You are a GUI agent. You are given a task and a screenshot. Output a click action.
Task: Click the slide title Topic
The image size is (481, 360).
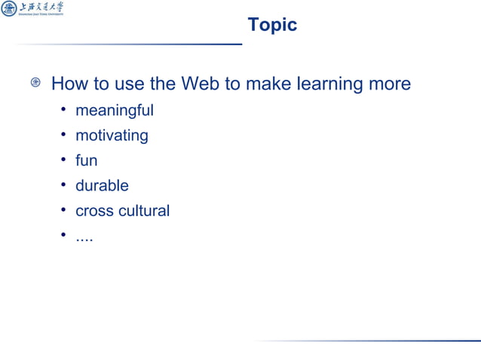click(x=272, y=25)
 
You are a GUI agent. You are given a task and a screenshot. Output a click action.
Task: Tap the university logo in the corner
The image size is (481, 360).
click(x=32, y=10)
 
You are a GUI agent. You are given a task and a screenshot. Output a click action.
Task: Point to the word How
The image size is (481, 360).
click(x=70, y=84)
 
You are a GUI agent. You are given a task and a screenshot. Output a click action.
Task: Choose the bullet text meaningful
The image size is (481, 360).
click(x=114, y=111)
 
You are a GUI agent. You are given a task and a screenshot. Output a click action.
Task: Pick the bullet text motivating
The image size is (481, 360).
click(x=112, y=136)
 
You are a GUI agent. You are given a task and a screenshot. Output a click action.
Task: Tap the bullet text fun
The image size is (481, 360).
click(x=86, y=160)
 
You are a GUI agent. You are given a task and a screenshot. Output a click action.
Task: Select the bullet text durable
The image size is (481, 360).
click(x=102, y=185)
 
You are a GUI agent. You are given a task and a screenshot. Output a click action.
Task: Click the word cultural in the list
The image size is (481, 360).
click(x=145, y=211)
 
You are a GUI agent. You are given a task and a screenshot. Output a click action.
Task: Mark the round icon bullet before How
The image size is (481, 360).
click(x=35, y=84)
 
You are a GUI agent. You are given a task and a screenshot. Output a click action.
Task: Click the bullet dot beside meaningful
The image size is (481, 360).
click(x=64, y=111)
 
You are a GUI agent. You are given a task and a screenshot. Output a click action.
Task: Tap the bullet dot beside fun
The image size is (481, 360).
click(x=64, y=161)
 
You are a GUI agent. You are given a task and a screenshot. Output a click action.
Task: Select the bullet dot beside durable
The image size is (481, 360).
click(x=64, y=186)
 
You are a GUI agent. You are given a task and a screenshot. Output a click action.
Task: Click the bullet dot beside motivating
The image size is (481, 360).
click(x=64, y=136)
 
